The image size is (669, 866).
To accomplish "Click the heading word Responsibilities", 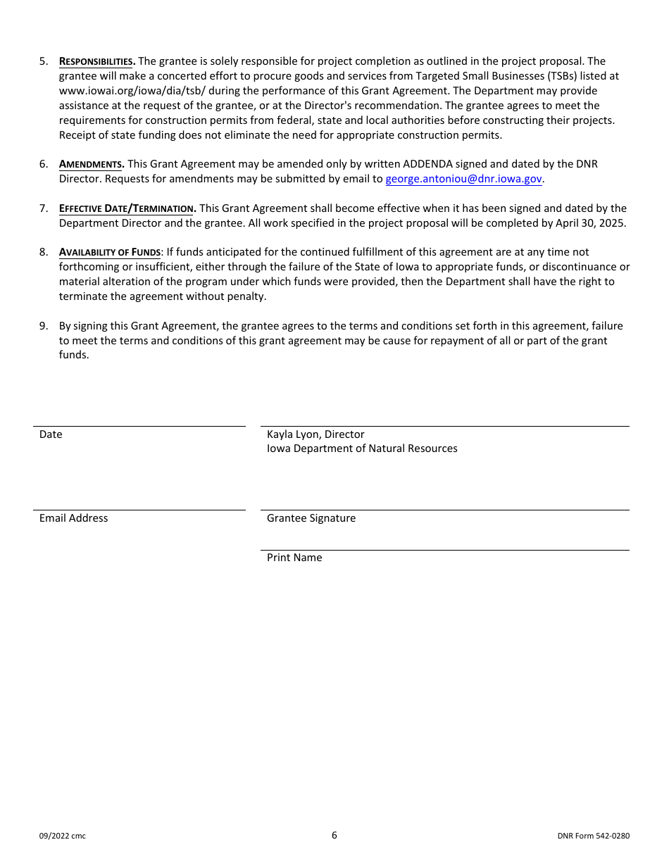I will click(96, 61).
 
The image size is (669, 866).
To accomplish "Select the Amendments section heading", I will click(91, 164).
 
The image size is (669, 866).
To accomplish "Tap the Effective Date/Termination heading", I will click(127, 208).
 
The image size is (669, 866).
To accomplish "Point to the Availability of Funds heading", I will click(110, 252).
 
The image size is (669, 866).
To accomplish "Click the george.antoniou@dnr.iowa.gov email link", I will click(463, 179).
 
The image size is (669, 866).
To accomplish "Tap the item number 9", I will click(44, 326).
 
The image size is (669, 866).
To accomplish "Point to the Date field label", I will click(51, 434).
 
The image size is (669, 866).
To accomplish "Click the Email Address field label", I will click(74, 518).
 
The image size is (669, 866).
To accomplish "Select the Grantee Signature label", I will click(311, 518).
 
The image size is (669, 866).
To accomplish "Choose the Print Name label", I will click(294, 558).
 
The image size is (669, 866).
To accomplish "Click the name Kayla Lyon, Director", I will click(315, 434).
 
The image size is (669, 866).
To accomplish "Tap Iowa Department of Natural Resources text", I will click(362, 448).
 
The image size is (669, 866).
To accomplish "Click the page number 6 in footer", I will click(334, 836).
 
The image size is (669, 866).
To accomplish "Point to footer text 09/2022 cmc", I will click(63, 836).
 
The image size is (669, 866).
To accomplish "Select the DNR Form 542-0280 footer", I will click(593, 836).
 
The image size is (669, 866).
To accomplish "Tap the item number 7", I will click(44, 208).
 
